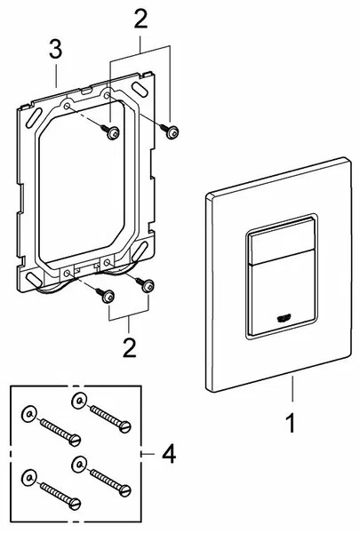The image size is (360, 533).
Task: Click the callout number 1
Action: pyautogui.click(x=291, y=423)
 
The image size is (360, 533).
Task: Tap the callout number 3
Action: pyautogui.click(x=55, y=49)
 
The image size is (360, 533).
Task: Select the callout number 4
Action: pyautogui.click(x=169, y=454)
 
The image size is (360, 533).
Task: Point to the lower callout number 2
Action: pyautogui.click(x=129, y=347)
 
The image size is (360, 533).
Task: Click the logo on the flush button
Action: pyautogui.click(x=283, y=319)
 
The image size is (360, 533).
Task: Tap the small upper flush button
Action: pyautogui.click(x=282, y=242)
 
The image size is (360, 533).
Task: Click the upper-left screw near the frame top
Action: pyautogui.click(x=110, y=131)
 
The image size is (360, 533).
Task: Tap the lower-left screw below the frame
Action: pyautogui.click(x=105, y=296)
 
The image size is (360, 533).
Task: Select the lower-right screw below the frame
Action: pyautogui.click(x=145, y=284)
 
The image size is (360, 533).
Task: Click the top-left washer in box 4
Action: pyautogui.click(x=29, y=414)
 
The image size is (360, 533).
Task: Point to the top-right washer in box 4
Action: pyautogui.click(x=78, y=402)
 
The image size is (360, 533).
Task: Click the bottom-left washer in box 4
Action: pyautogui.click(x=29, y=478)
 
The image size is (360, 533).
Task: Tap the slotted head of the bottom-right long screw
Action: pyautogui.click(x=124, y=490)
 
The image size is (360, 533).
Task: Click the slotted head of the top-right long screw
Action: pyautogui.click(x=124, y=426)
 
